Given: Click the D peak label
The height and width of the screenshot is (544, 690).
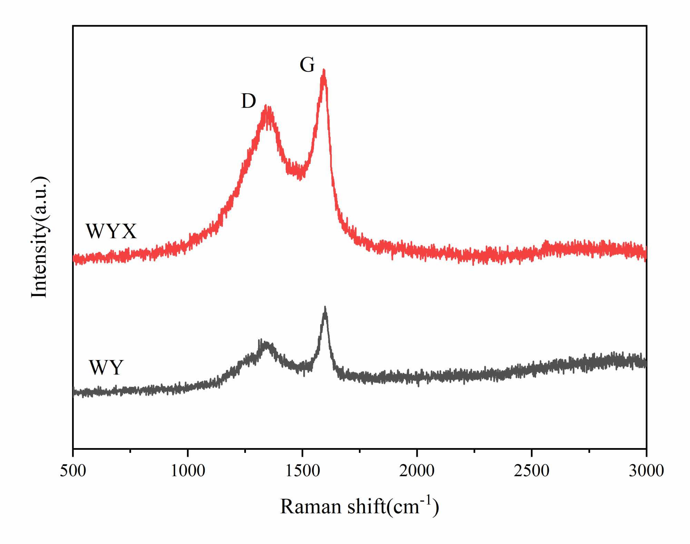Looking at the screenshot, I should click(248, 101).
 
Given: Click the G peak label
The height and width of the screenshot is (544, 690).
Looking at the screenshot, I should click(307, 65).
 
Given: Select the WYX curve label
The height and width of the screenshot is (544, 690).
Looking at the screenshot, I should click(111, 231).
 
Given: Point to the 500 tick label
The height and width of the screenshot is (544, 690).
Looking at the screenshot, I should click(73, 470).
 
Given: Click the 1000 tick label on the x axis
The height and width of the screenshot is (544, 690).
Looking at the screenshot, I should click(188, 470).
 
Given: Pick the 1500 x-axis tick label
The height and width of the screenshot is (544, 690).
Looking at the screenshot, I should click(303, 470).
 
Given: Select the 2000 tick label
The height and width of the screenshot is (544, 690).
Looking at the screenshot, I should click(417, 470).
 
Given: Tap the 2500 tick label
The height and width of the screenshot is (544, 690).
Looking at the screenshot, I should click(532, 470).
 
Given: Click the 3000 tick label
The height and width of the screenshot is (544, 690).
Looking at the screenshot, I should click(646, 470).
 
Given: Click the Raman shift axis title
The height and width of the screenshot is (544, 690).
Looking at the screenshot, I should click(359, 507).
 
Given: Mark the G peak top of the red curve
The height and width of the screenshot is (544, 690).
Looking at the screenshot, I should click(324, 70).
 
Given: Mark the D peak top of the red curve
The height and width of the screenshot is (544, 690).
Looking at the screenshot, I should click(266, 107).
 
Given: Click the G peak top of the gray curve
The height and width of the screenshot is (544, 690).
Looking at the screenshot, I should click(325, 308).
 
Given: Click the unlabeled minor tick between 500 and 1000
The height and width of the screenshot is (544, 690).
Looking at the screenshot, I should click(130, 450).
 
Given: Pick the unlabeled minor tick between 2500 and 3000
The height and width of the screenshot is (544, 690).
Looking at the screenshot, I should click(589, 450).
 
